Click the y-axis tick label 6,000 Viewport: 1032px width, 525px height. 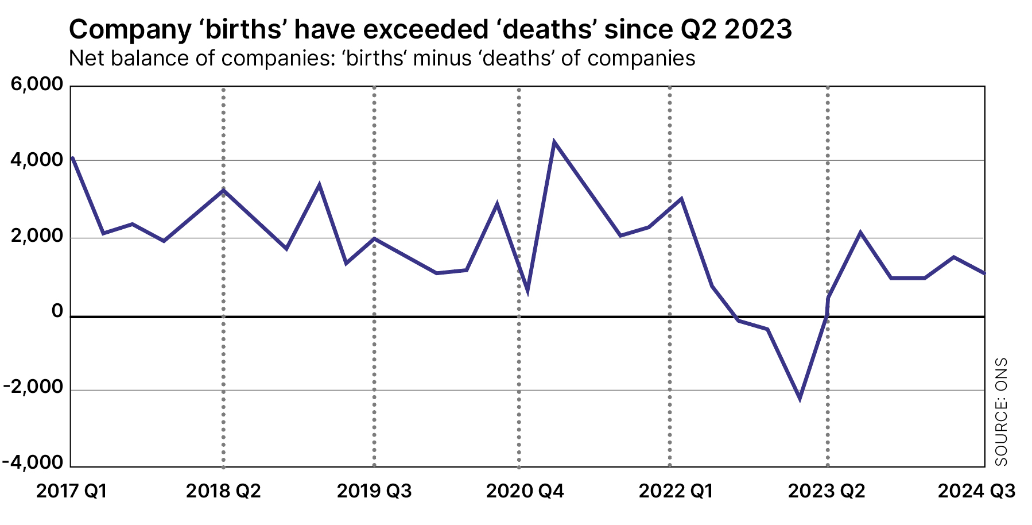37,84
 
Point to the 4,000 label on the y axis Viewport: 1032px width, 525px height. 37,160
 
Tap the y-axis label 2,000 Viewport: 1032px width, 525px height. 37,236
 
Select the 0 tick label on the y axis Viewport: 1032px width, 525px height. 57,311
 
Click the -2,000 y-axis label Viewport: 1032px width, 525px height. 33,387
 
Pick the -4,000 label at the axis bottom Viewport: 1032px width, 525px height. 33,462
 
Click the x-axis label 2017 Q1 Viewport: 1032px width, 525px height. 71,492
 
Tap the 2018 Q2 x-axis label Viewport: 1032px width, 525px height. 223,492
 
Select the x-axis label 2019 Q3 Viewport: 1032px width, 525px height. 374,492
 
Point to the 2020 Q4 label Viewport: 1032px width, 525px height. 525,492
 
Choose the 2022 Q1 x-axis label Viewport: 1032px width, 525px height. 676,492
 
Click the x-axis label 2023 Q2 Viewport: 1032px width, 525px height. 827,492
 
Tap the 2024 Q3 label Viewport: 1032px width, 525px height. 976,492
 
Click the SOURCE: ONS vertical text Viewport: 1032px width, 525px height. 1001,412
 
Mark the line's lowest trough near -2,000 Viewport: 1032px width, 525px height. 800,398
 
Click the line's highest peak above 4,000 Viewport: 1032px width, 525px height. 553,142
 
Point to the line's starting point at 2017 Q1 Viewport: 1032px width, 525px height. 72,157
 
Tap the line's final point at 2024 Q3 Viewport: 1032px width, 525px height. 984,273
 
